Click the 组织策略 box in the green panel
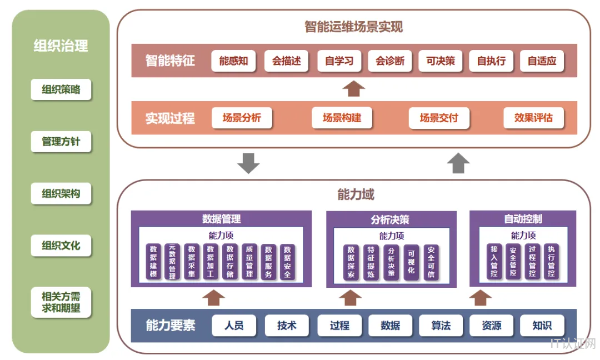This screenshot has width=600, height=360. [x=61, y=89]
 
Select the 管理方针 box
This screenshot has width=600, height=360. [x=61, y=142]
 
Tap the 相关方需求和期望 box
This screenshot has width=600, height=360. [x=61, y=302]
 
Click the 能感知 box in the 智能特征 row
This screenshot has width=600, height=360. [x=233, y=61]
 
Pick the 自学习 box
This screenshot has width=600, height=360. [x=339, y=61]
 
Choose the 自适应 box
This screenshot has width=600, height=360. [x=542, y=61]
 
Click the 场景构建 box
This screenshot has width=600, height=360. [x=342, y=118]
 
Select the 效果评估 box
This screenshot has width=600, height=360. [x=533, y=118]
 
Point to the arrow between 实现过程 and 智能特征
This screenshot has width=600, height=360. [x=354, y=88]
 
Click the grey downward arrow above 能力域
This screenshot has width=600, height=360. [x=248, y=163]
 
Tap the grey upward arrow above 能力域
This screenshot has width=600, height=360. [x=459, y=163]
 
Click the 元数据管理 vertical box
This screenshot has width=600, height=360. [x=173, y=261]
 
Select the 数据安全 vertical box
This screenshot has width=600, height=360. [x=287, y=261]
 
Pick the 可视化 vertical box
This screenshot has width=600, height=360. [x=411, y=262]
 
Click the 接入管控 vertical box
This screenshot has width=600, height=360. [x=494, y=261]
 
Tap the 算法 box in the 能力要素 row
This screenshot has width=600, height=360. [x=441, y=326]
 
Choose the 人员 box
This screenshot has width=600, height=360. [x=234, y=326]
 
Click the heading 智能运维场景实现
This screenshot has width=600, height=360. [x=353, y=26]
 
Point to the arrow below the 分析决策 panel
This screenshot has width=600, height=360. [x=350, y=298]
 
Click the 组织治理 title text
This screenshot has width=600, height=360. [x=61, y=46]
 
